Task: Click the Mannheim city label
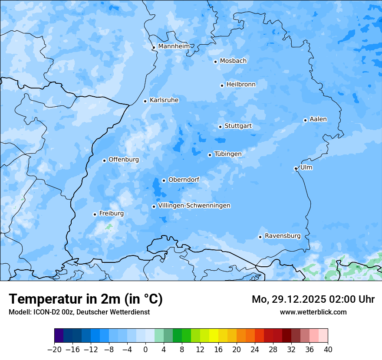(x=174, y=46)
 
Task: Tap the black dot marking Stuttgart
(x=220, y=127)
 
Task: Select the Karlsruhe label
(x=164, y=100)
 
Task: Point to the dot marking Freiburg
(x=95, y=214)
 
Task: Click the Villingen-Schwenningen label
(x=194, y=206)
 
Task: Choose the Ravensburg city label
(x=283, y=236)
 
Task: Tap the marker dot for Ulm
(x=296, y=168)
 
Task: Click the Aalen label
(x=318, y=119)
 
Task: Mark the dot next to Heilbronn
(x=222, y=85)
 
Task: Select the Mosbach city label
(x=233, y=61)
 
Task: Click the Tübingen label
(x=228, y=154)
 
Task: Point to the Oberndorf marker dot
(x=164, y=180)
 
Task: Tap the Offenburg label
(x=124, y=160)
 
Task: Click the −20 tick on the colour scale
(x=55, y=350)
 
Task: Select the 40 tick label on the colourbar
(x=328, y=350)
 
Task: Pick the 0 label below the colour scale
(x=145, y=350)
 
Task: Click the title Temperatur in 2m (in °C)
(x=86, y=299)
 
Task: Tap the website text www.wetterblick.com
(x=313, y=312)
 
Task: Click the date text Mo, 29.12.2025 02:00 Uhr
(x=313, y=299)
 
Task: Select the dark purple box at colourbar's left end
(x=59, y=336)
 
